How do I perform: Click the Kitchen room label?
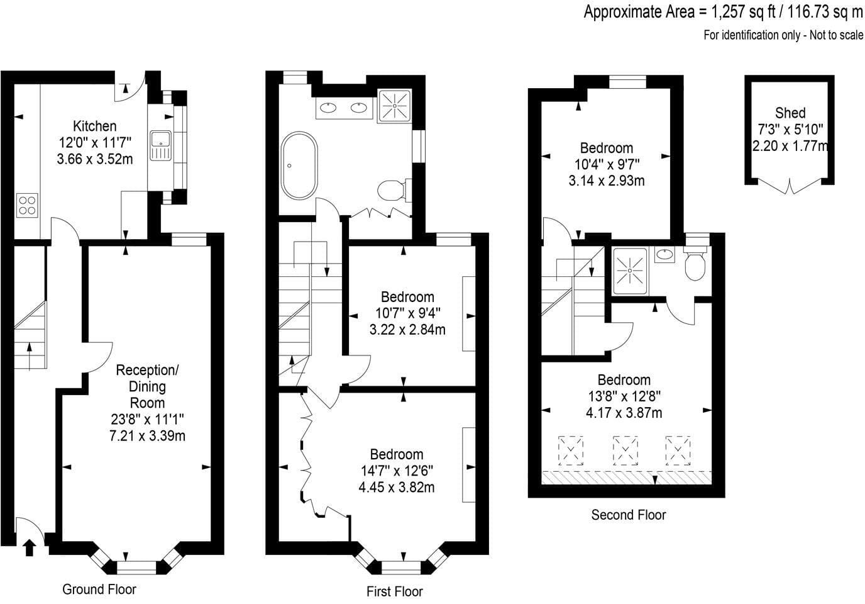pos(94,126)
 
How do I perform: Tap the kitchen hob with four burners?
pos(27,205)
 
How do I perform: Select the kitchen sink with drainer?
pos(161,145)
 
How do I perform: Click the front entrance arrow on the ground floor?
pos(30,548)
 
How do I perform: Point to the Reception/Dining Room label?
pos(147,386)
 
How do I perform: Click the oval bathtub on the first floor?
pos(299,165)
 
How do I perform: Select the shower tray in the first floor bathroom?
pos(394,106)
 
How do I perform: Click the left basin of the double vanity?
pos(329,107)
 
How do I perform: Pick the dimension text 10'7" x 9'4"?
pos(407,313)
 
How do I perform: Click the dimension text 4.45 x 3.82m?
pos(396,488)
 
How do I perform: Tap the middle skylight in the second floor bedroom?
pos(625,450)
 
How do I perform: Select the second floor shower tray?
pos(630,271)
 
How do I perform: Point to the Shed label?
pos(790,113)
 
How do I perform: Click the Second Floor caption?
pos(628,515)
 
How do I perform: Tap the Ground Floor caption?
pos(99,590)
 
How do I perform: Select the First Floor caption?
pos(395,591)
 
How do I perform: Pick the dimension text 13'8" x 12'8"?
pos(624,396)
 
